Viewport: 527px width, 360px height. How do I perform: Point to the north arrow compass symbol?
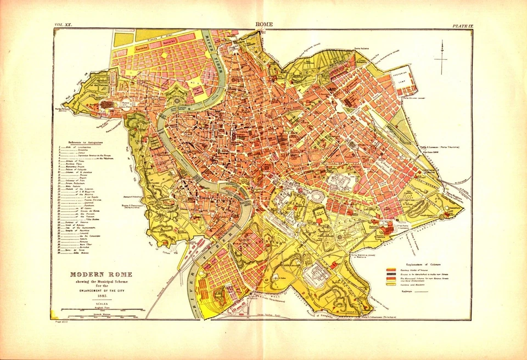tap(441, 59)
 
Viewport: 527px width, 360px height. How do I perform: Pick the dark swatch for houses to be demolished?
tap(391, 274)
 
